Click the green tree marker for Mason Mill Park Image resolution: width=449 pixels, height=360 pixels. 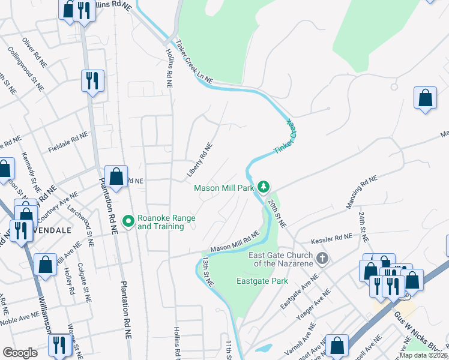(263, 188)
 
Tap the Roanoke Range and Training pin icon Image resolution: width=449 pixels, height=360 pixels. (128, 222)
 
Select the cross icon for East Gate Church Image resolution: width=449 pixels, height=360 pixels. (322, 259)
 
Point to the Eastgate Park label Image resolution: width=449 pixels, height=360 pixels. (262, 281)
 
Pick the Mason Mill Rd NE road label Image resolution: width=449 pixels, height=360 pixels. (234, 242)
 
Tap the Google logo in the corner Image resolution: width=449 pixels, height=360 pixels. (20, 353)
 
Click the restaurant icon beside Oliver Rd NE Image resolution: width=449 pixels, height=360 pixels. (92, 80)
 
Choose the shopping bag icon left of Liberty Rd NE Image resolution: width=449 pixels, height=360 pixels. (116, 177)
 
